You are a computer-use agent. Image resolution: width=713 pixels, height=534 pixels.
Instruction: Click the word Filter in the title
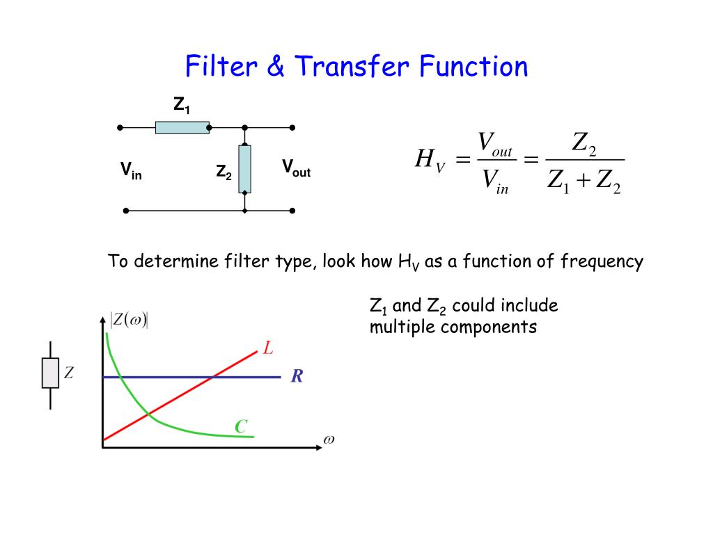click(x=221, y=67)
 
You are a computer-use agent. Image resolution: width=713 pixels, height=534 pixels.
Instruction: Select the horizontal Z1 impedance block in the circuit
click(x=182, y=127)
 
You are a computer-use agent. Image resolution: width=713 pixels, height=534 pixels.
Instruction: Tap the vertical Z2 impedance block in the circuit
click(x=244, y=169)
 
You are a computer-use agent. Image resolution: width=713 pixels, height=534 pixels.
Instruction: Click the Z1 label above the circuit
click(x=182, y=106)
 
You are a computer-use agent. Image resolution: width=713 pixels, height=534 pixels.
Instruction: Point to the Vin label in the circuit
click(x=131, y=170)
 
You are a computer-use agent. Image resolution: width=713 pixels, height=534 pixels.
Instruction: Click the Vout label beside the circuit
click(x=296, y=168)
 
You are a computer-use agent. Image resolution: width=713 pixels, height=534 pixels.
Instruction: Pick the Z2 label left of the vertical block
click(x=224, y=172)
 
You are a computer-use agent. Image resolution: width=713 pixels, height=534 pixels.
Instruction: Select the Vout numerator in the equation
click(x=494, y=144)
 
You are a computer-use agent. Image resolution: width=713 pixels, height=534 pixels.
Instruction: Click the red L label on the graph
click(x=267, y=348)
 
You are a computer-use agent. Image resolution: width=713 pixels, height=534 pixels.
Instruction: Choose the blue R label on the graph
click(x=297, y=377)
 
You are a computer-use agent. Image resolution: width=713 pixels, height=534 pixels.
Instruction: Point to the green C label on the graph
click(x=241, y=426)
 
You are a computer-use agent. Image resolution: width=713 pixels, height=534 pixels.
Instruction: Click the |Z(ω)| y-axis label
click(x=130, y=321)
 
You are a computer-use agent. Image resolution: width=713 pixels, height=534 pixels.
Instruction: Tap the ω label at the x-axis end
click(x=329, y=441)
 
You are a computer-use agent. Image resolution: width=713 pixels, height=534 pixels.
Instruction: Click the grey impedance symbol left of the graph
click(x=50, y=373)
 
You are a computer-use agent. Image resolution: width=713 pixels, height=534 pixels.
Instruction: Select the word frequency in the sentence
click(x=602, y=262)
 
